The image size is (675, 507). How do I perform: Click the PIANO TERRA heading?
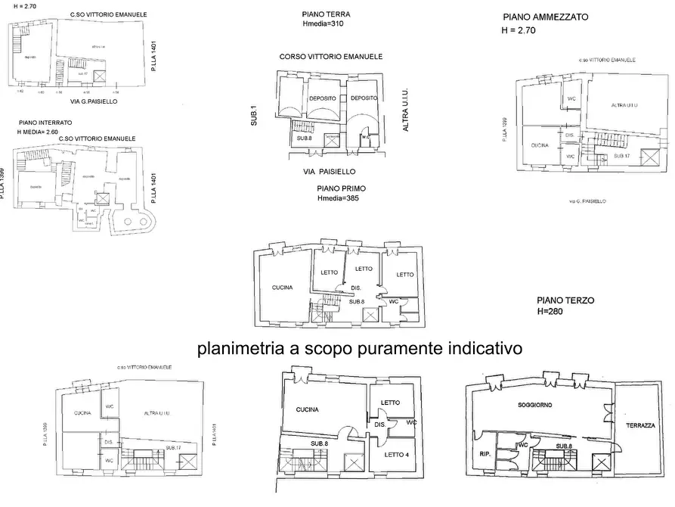325,14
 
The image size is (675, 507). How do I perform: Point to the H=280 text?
553,311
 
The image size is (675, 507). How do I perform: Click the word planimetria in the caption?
237,350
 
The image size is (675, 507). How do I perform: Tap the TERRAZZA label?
640,426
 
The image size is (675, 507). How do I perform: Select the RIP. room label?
485,455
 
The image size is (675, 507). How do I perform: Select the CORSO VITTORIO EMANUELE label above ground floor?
330,57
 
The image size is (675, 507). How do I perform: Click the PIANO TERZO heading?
565,300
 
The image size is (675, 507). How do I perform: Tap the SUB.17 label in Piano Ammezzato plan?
622,154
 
